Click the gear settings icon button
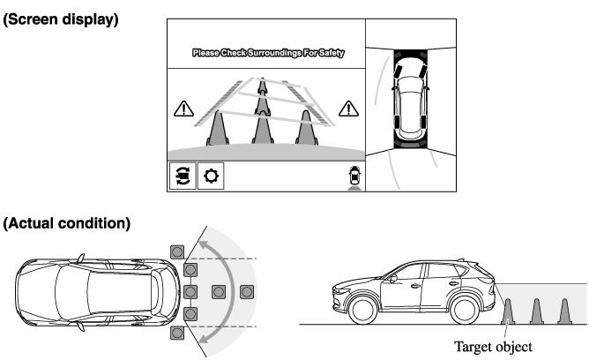point(211,176)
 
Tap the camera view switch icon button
point(183,176)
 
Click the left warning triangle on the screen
point(183,109)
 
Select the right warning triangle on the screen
point(348,109)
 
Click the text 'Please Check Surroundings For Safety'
point(268,53)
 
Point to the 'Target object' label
point(493,347)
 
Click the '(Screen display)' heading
point(61,19)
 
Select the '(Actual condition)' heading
point(67,223)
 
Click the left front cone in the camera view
point(218,128)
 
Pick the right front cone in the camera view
point(307,128)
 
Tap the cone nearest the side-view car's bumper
point(508,311)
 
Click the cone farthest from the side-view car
point(564,311)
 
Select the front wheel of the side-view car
point(363,310)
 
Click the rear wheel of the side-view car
point(465,310)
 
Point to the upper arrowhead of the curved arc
point(203,245)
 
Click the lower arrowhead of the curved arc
point(203,338)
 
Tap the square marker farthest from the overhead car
point(247,292)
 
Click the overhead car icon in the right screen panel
point(410,99)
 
